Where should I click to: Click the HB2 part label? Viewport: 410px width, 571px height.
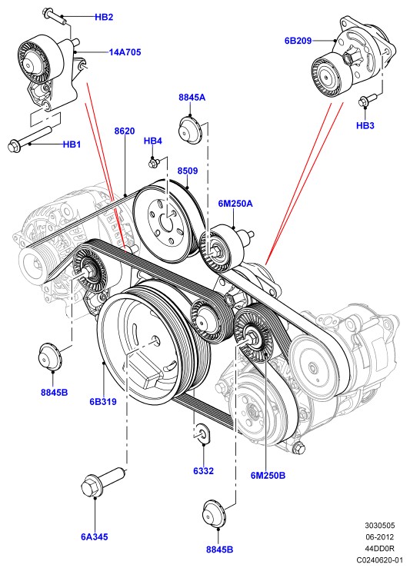[x=104, y=17]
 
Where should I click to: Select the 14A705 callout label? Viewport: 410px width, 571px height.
[x=125, y=52]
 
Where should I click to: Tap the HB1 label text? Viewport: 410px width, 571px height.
[x=72, y=144]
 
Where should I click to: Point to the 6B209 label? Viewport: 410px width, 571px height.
[x=298, y=41]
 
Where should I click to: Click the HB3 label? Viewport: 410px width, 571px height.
[x=365, y=125]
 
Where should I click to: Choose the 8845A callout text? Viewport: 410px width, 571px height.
[x=192, y=98]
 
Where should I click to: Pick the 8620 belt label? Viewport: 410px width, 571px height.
[x=125, y=131]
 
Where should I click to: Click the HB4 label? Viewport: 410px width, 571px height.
[x=153, y=141]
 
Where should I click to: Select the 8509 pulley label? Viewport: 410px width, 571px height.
[x=188, y=171]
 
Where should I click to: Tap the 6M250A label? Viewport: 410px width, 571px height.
[x=235, y=203]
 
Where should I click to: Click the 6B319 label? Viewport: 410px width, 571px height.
[x=103, y=402]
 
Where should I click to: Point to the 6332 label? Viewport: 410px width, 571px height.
[x=203, y=471]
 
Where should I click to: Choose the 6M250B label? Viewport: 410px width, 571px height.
[x=268, y=475]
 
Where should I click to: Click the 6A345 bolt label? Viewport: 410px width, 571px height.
[x=95, y=536]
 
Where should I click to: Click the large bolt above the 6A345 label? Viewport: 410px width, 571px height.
[x=103, y=482]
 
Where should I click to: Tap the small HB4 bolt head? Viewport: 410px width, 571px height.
[x=153, y=162]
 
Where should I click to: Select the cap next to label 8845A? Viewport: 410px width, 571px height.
[x=189, y=129]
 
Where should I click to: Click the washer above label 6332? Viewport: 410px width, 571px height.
[x=202, y=433]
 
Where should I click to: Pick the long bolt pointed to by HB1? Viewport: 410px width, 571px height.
[x=29, y=138]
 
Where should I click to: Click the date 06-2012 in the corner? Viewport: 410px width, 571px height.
[x=380, y=536]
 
